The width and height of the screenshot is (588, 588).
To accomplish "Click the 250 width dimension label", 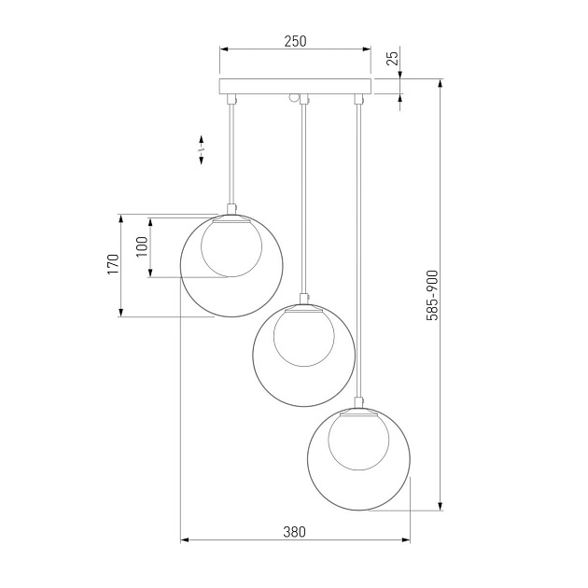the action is pos(295,41).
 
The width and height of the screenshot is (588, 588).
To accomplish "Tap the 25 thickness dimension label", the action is pos(392,58).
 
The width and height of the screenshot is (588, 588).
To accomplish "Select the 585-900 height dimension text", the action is pos(432,296).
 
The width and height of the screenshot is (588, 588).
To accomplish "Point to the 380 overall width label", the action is pos(294,532).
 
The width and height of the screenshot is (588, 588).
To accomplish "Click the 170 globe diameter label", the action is pos(113,264).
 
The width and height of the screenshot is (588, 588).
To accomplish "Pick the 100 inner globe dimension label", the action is pos(143,246).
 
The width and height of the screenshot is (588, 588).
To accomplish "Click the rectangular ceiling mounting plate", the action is pos(295,86).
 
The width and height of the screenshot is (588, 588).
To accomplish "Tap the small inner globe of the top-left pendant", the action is pos(231,248).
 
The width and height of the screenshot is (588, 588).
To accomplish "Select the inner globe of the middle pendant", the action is pos(304,338).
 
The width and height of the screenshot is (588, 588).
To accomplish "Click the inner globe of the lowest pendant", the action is pos(359,441).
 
